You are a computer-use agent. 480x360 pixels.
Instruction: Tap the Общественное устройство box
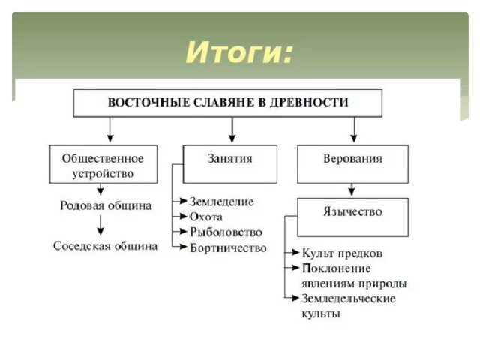click(103, 165)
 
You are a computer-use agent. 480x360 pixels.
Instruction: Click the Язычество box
click(352, 212)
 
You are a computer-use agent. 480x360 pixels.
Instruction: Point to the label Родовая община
click(105, 205)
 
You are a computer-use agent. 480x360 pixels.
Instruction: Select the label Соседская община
click(105, 246)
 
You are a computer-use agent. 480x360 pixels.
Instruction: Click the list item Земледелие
click(222, 202)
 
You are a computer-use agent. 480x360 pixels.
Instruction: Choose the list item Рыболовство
click(226, 232)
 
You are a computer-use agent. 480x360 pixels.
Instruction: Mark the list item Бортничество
click(228, 247)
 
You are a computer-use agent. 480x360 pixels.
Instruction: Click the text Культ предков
click(341, 253)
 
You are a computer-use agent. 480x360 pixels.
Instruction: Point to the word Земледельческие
click(348, 298)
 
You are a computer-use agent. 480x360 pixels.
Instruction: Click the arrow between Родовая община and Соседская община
click(100, 225)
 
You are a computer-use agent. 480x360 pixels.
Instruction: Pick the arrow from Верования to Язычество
click(353, 190)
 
